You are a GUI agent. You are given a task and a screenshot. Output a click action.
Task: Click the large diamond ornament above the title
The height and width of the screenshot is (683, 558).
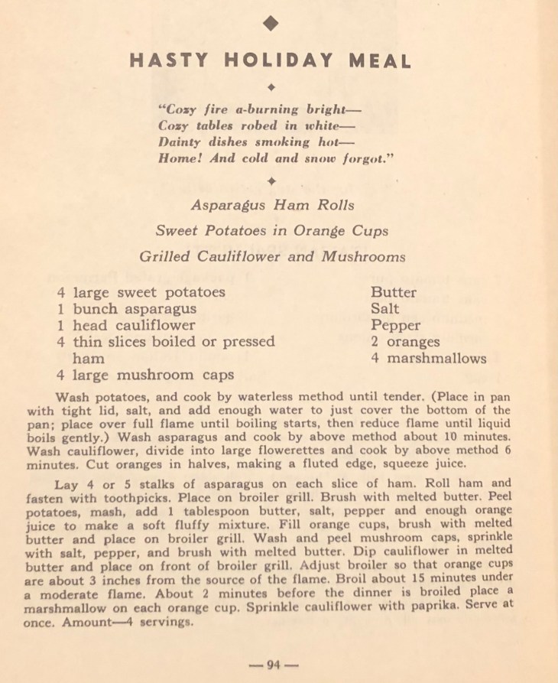point(271,24)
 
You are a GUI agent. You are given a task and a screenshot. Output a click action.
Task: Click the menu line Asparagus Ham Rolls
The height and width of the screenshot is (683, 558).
point(272,205)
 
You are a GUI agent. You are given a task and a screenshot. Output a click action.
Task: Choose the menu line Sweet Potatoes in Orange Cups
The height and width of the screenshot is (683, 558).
point(271,230)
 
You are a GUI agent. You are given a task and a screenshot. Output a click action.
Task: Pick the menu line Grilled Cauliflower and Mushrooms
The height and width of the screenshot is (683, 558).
point(271,256)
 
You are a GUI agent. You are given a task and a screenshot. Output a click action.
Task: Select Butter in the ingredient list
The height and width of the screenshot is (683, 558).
point(394,292)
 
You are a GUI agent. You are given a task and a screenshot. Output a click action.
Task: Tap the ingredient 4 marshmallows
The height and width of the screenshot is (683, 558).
point(428,358)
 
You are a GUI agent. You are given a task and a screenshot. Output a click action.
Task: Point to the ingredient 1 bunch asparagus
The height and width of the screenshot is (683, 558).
point(126,309)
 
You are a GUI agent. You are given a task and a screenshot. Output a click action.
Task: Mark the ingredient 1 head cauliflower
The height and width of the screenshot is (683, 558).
point(126,325)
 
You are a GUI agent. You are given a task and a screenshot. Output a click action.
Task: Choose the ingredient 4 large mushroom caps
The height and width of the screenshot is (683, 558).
point(145,375)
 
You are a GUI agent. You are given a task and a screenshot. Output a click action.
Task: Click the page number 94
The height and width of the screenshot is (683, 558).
point(272,665)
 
